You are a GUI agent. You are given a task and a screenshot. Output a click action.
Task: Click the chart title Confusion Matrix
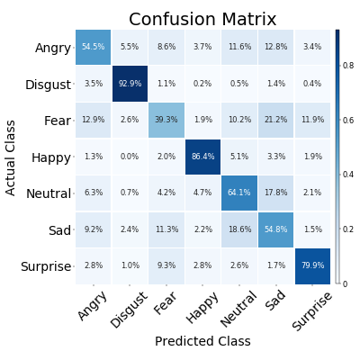[x=202, y=19]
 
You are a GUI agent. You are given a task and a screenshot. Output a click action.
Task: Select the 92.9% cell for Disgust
[x=130, y=84]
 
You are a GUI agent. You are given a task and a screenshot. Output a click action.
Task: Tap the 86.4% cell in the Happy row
[x=202, y=157]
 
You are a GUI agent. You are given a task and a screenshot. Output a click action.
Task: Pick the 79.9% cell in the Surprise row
[x=312, y=265]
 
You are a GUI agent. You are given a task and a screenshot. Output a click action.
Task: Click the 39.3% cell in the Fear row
[x=166, y=120]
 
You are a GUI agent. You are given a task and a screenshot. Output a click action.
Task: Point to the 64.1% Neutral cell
[x=239, y=193]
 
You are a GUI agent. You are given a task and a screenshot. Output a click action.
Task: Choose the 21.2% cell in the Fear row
[x=275, y=120]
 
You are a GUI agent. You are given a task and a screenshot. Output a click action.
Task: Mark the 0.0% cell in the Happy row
[x=130, y=157]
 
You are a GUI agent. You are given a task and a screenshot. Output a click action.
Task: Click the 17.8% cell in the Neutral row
[x=275, y=193]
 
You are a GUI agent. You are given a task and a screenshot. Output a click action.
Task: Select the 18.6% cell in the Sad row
[x=239, y=229]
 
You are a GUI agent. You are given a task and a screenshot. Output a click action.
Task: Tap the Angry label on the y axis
[x=52, y=48]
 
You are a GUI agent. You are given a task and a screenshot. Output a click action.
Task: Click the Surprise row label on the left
[x=45, y=266]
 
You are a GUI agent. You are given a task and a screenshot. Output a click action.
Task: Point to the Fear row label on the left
[x=56, y=121]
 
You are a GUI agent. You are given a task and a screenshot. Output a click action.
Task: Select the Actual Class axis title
[x=11, y=157]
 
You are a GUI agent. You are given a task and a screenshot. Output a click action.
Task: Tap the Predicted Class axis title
[x=202, y=342]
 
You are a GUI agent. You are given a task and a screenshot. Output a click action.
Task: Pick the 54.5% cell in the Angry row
[x=94, y=47]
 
